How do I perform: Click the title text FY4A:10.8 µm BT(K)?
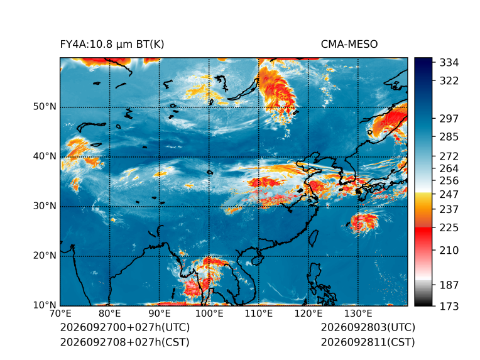point(112,45)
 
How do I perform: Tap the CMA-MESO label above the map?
point(349,45)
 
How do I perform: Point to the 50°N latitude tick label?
point(45,107)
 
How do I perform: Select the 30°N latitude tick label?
point(45,205)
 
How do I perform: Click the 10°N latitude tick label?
point(45,305)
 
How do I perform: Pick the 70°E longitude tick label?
point(60,314)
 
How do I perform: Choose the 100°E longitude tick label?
point(209,314)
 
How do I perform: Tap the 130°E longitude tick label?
point(358,314)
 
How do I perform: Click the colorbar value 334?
point(449,63)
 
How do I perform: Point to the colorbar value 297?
point(449,119)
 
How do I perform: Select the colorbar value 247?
point(449,194)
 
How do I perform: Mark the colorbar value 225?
point(449,228)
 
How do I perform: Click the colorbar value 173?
point(449,306)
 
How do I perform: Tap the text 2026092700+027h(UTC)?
point(125,327)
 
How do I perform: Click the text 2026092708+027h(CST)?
point(124,342)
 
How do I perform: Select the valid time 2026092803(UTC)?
point(368,327)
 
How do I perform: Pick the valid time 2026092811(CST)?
point(368,342)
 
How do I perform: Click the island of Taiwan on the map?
point(313,239)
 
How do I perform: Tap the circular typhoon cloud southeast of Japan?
point(364,222)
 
